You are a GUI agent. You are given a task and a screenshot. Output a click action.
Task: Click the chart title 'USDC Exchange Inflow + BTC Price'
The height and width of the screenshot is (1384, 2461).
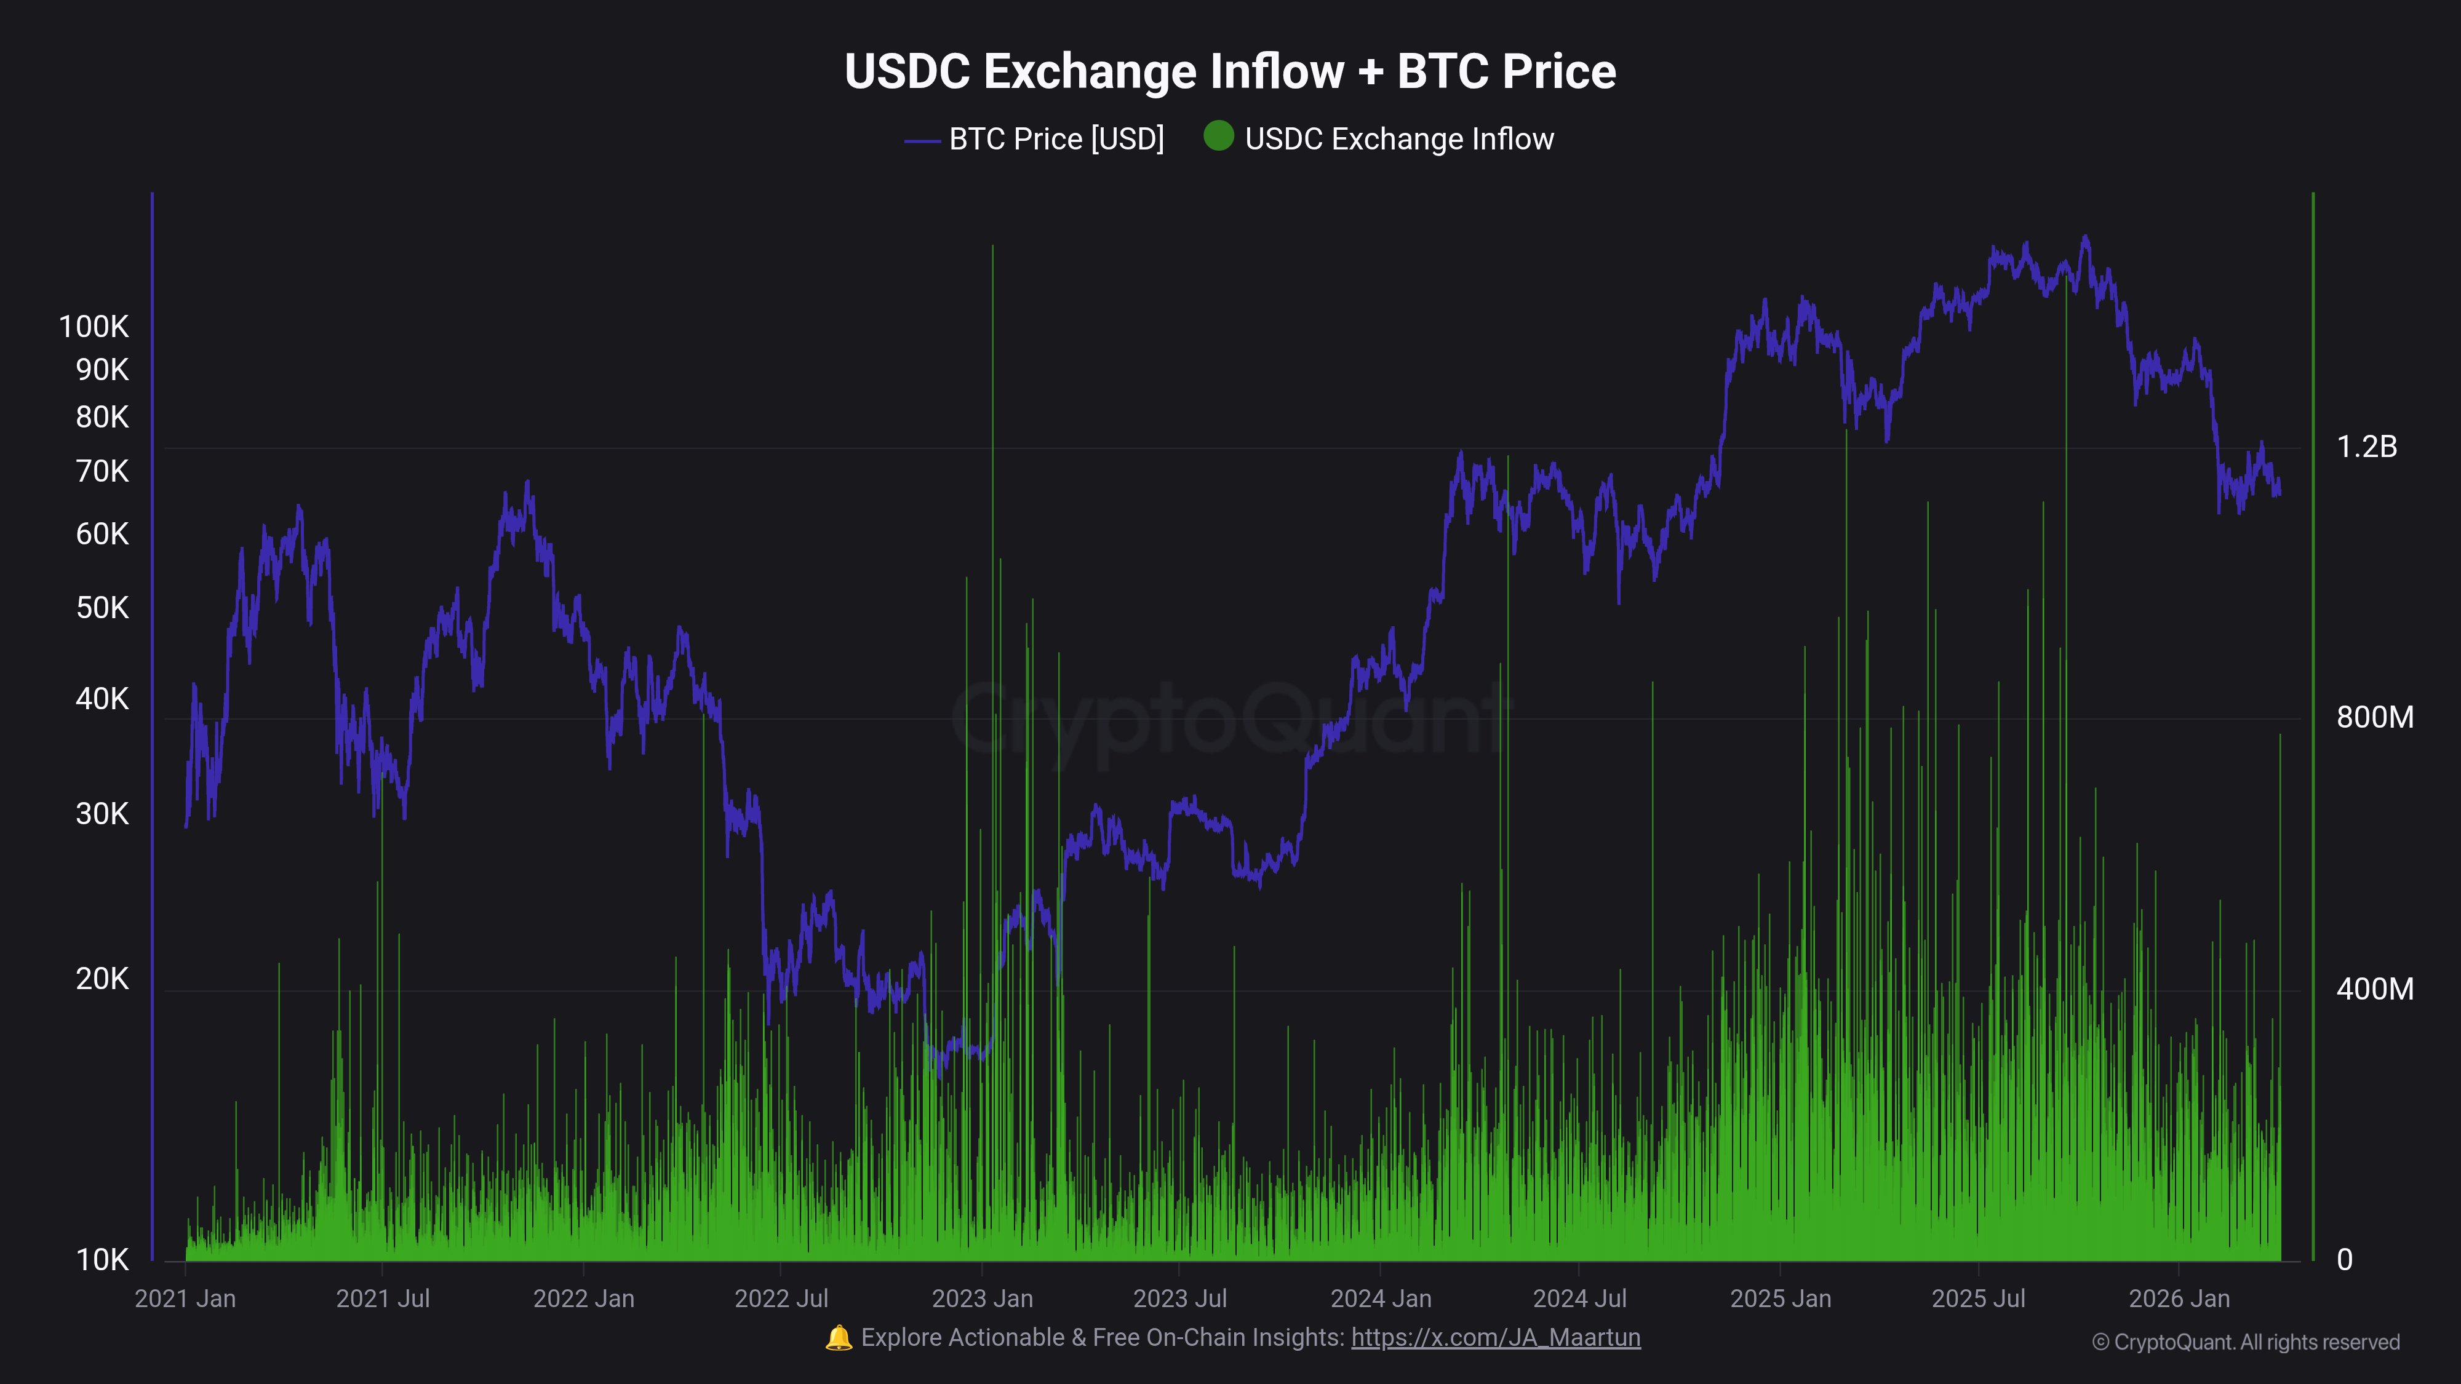[x=1229, y=71]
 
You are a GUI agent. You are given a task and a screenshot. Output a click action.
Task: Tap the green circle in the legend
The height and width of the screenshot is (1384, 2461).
[x=1218, y=137]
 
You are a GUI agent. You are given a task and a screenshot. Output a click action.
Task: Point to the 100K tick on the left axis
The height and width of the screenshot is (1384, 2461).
[x=94, y=327]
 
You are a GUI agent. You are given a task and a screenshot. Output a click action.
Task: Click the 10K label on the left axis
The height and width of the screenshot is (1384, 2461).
[x=102, y=1260]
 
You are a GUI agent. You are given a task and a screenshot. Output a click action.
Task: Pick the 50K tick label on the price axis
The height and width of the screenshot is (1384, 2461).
[x=102, y=608]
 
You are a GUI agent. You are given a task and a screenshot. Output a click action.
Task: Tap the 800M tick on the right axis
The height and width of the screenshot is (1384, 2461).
[x=2374, y=717]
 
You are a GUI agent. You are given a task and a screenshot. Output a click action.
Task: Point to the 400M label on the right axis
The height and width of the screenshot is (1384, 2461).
[x=2374, y=988]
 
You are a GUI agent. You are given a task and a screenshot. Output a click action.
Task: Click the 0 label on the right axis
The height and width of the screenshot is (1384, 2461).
[x=2345, y=1260]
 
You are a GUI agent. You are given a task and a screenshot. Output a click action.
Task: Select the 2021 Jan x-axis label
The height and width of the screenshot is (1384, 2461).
[x=185, y=1299]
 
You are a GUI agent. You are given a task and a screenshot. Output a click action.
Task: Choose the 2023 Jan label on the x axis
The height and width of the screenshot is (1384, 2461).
[x=982, y=1299]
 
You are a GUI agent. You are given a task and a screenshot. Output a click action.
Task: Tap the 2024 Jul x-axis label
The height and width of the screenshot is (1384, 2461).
[x=1579, y=1299]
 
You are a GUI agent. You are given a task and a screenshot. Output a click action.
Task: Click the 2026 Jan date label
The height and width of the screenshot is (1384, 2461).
[x=2179, y=1299]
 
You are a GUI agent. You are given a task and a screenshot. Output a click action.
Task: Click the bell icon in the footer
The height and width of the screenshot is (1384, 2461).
[x=838, y=1337]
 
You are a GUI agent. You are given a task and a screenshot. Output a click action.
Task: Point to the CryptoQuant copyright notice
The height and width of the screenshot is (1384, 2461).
[x=2245, y=1342]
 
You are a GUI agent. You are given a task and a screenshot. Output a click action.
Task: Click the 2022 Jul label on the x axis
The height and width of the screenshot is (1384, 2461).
[x=781, y=1299]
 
